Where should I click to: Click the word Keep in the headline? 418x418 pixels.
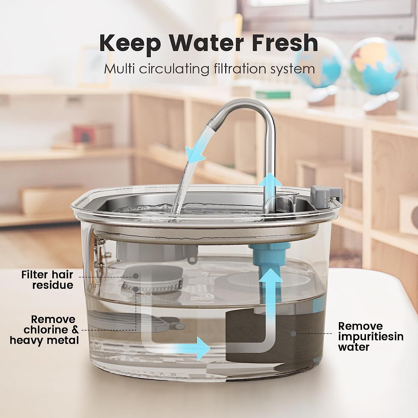tap(130, 43)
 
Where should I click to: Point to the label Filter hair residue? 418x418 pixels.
tap(47, 280)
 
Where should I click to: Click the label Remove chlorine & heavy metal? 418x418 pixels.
tap(45, 330)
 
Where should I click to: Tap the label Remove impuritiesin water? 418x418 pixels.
tap(371, 336)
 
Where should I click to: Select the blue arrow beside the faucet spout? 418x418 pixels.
tap(196, 152)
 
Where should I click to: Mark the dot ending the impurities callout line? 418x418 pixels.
tap(293, 333)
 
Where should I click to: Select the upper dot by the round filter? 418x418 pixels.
tap(136, 276)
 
